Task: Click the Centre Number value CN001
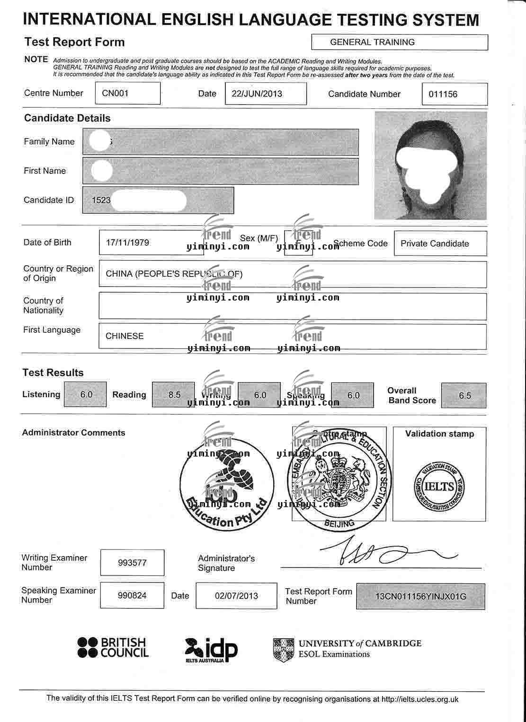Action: (x=116, y=93)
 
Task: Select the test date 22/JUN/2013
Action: (x=257, y=94)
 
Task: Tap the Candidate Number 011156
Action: (x=443, y=94)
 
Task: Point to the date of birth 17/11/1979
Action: (x=127, y=243)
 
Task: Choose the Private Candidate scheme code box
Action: (x=435, y=244)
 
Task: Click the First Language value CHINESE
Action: (x=125, y=336)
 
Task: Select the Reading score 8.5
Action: (x=174, y=395)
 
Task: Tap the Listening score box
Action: (x=86, y=394)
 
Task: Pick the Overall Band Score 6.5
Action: (x=464, y=395)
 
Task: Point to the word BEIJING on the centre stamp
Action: (x=340, y=523)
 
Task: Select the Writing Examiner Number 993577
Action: (x=132, y=563)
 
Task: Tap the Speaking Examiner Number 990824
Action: (x=132, y=595)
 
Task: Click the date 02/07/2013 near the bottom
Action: (x=236, y=596)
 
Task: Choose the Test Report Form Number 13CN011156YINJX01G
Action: (x=420, y=596)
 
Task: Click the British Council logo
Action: (x=113, y=647)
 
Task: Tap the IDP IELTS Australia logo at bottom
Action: (x=211, y=650)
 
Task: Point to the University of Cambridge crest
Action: (x=283, y=650)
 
